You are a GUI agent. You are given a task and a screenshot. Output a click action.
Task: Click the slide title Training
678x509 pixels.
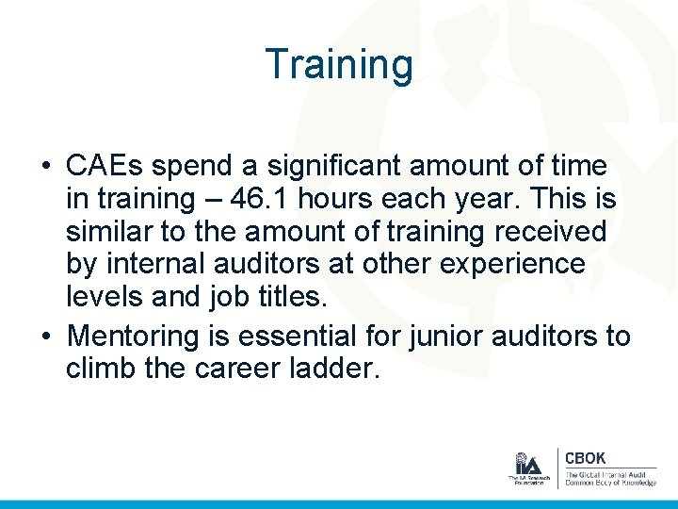point(339,65)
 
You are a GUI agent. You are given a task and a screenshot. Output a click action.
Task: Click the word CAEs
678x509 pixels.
point(105,167)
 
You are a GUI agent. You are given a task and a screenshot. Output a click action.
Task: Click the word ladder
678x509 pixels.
point(334,369)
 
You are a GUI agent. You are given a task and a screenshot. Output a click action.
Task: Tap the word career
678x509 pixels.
point(240,369)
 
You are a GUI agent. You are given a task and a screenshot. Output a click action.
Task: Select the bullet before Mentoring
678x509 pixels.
point(46,337)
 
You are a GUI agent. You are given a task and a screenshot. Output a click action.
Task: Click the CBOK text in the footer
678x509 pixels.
point(586,459)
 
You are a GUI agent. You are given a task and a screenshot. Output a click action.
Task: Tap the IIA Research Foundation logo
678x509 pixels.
point(526,468)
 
